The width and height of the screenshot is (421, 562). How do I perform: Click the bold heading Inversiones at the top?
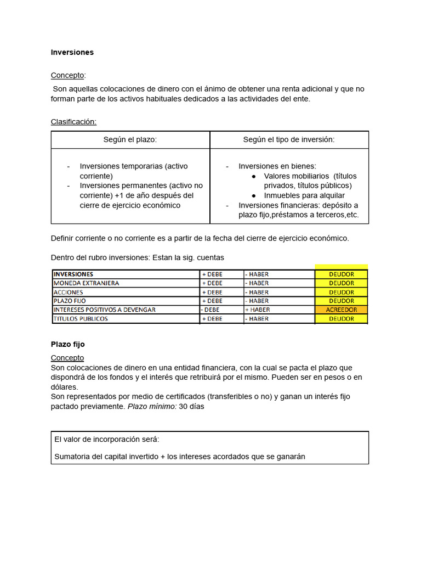[72, 52]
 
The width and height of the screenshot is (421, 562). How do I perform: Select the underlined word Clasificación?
[73, 121]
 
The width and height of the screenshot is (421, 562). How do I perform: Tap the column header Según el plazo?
[130, 139]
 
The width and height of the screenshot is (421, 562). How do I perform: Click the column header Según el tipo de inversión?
[289, 139]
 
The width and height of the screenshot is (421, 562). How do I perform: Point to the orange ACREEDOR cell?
[341, 310]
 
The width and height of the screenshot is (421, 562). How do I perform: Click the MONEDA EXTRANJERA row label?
[86, 283]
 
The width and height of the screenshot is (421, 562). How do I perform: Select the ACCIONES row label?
[69, 292]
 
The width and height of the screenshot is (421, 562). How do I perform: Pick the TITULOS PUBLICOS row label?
[81, 318]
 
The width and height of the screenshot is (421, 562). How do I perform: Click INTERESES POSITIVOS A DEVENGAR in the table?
[104, 310]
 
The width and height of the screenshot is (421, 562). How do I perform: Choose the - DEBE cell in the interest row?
[210, 310]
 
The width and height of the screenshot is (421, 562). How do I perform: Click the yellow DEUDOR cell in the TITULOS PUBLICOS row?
[341, 318]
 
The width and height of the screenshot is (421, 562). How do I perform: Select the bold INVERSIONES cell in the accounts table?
[73, 274]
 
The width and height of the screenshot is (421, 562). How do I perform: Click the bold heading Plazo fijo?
[67, 344]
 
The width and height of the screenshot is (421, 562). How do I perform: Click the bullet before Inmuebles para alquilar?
[254, 195]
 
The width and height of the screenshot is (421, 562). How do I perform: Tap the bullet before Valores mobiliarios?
[254, 176]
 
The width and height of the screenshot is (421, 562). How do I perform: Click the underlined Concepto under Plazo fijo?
[67, 358]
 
